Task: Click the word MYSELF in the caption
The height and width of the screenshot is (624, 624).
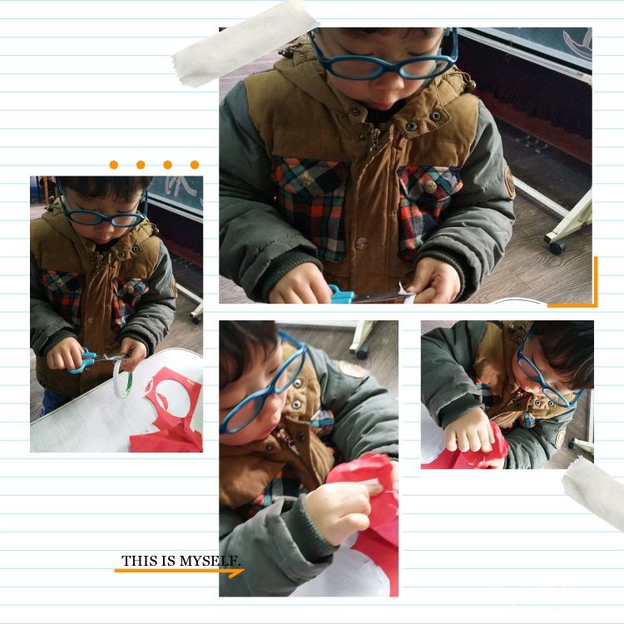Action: (x=210, y=561)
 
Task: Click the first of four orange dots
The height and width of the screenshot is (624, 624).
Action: (x=114, y=165)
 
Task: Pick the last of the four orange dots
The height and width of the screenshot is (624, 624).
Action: (x=195, y=165)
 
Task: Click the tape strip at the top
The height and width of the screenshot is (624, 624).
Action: (x=246, y=44)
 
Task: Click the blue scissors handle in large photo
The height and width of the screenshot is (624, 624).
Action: (x=340, y=294)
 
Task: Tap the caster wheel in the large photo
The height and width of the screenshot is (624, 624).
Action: (x=557, y=247)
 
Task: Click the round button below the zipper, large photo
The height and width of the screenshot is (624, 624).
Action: (x=361, y=243)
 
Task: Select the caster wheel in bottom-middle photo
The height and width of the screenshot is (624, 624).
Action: (x=362, y=352)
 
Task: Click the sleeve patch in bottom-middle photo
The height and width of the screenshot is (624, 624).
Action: (x=352, y=369)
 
